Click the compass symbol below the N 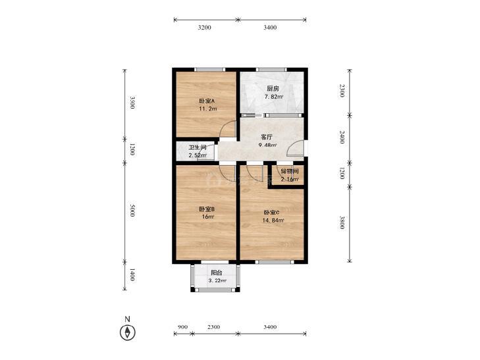pos(127,332)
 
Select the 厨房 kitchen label pos(273,89)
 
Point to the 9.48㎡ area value pos(268,145)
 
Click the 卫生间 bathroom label pos(197,147)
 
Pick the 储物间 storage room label pos(290,172)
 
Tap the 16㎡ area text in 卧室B pos(208,217)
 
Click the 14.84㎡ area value pos(273,220)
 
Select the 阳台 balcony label pos(217,273)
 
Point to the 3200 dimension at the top pos(205,28)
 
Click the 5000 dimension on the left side pos(132,210)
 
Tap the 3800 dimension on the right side pos(342,222)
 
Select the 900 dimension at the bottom pos(182,327)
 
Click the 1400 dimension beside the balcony pos(132,274)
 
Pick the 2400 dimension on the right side pos(342,137)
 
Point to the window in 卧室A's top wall pos(210,69)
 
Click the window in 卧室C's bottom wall pos(275,262)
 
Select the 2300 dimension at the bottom pos(214,327)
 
